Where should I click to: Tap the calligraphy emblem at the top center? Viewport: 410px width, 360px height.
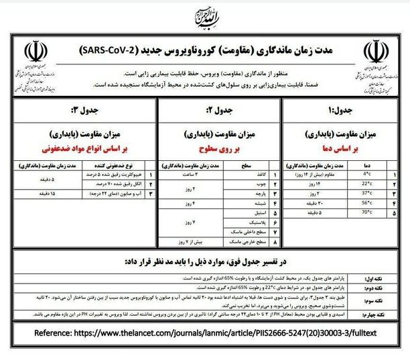click(205, 17)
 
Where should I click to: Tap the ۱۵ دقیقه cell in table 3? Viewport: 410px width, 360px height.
click(42, 193)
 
